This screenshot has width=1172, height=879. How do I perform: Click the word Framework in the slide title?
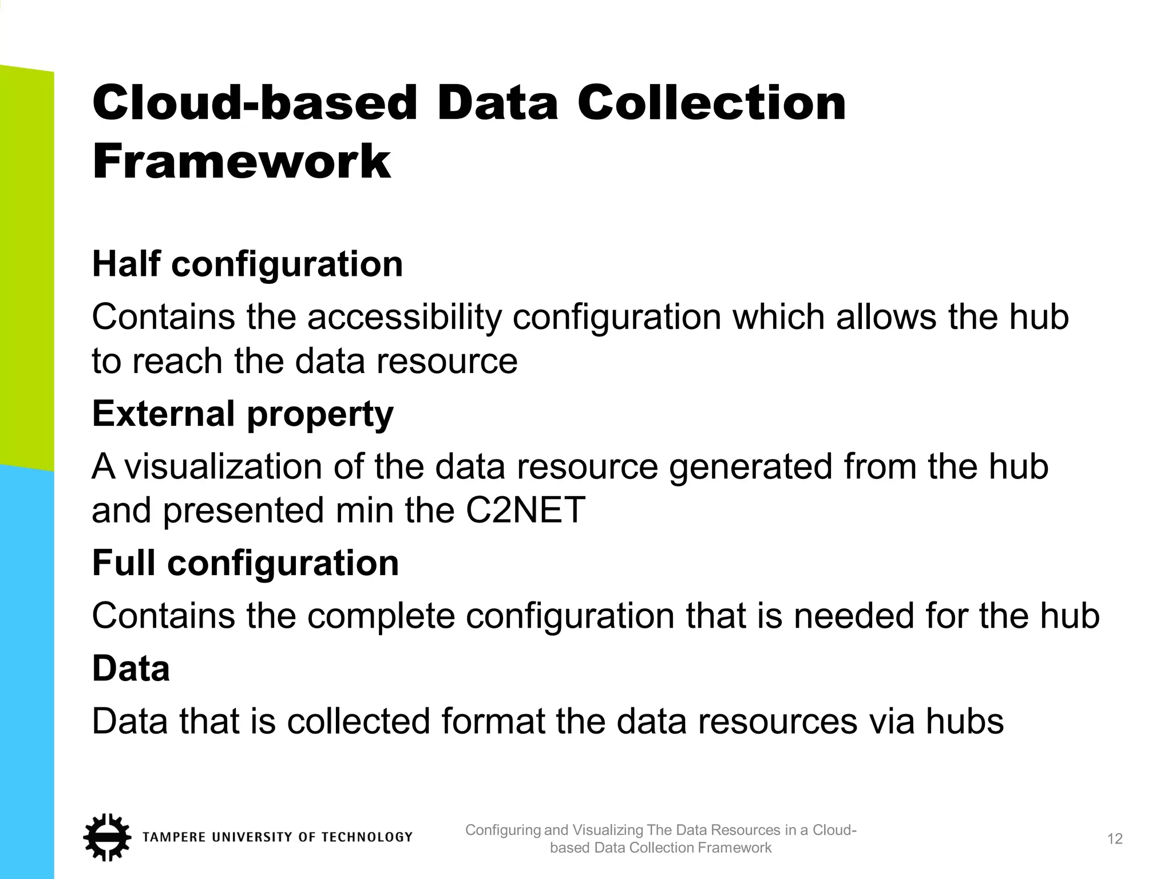pyautogui.click(x=241, y=161)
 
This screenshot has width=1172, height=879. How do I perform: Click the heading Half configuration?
pyautogui.click(x=247, y=264)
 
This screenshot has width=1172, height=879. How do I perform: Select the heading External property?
pyautogui.click(x=243, y=414)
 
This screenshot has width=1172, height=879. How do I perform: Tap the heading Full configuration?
pyautogui.click(x=246, y=563)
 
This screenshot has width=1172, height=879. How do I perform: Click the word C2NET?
pyautogui.click(x=525, y=510)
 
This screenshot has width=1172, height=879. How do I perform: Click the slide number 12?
pyautogui.click(x=1115, y=839)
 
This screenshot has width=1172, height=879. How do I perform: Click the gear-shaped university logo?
pyautogui.click(x=106, y=837)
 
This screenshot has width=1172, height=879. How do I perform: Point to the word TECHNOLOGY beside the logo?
pyautogui.click(x=367, y=837)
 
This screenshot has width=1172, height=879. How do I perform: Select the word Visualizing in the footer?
pyautogui.click(x=608, y=830)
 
